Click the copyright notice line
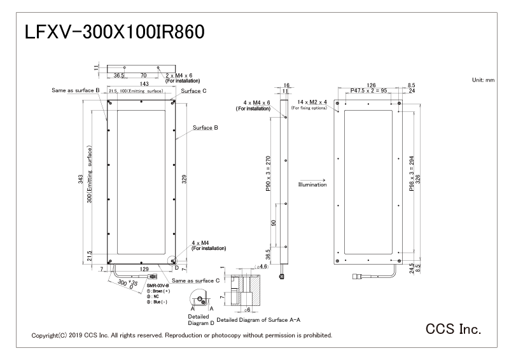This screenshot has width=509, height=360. click(x=181, y=335)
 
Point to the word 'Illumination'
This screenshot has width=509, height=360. click(x=312, y=184)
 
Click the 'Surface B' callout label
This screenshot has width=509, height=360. click(x=206, y=128)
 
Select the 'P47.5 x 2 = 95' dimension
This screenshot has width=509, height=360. click(x=372, y=92)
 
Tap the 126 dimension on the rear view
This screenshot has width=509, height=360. click(x=372, y=83)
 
